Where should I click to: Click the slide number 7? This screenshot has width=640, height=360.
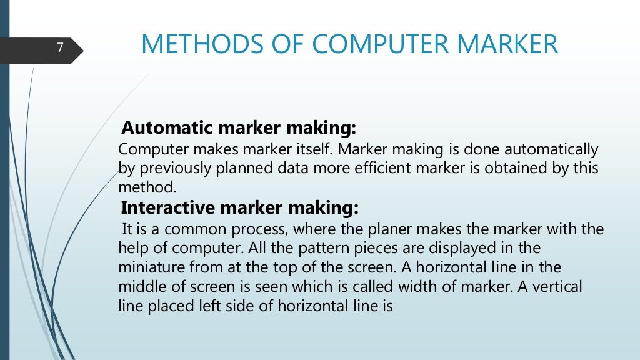click(60, 47)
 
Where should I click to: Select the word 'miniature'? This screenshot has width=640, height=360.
click(148, 267)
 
